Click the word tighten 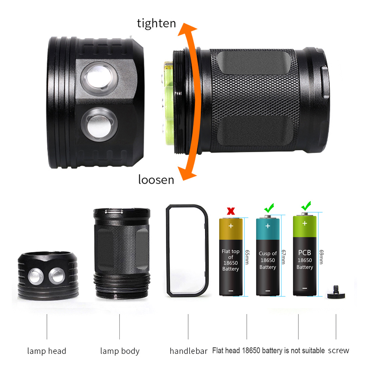pos(156,23)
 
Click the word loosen pos(156,179)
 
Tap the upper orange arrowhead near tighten pos(187,29)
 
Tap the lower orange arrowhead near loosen pos(187,173)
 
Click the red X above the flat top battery pos(231,211)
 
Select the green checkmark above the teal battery pos(269,208)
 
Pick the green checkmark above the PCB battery pos(306,206)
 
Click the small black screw pos(336,292)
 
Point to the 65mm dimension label pos(247,257)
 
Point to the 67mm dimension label pos(284,257)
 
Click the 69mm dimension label pos(321,257)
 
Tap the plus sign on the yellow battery pos(231,226)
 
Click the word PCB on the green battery pos(305,253)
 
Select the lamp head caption pos(47,351)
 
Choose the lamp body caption pos(120,351)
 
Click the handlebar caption pos(188,351)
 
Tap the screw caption pos(339,351)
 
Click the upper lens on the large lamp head pos(99,78)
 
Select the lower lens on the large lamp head pos(99,124)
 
